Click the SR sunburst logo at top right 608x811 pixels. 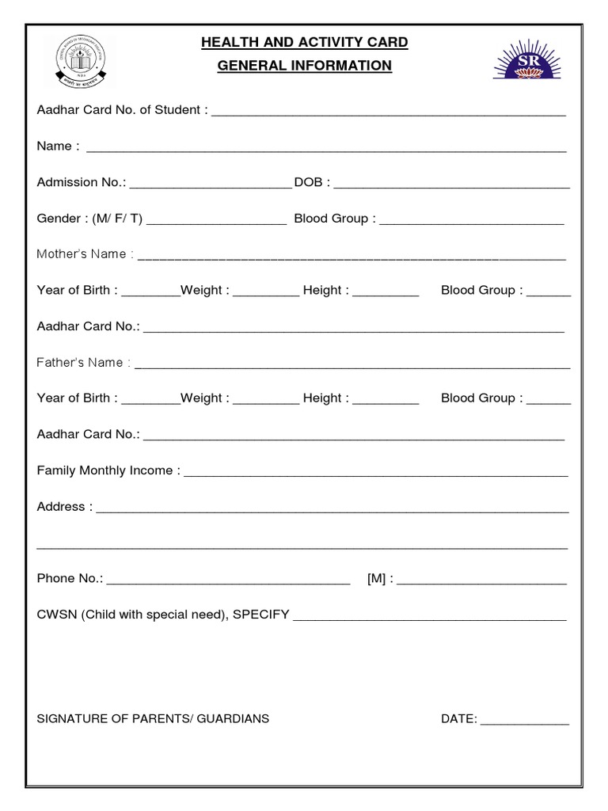tap(528, 60)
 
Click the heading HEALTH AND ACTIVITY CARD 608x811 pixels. tap(305, 42)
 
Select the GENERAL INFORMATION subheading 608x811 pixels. tap(305, 66)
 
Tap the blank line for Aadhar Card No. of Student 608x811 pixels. tap(388, 112)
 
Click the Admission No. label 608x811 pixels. tap(81, 182)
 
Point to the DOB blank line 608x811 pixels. tap(451, 185)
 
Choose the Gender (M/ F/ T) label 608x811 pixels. tap(89, 219)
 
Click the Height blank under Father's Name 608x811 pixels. tap(386, 402)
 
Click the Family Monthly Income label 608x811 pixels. tap(108, 470)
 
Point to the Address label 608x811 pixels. tap(64, 507)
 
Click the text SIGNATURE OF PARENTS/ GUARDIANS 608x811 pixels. tap(153, 719)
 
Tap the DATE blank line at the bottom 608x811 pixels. tap(525, 722)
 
